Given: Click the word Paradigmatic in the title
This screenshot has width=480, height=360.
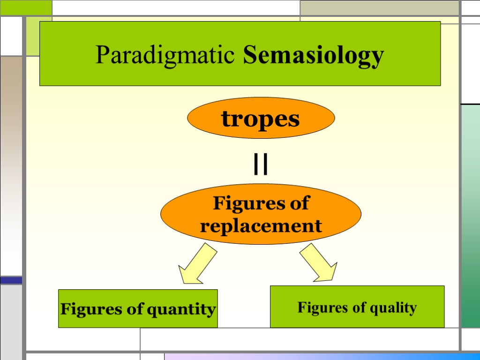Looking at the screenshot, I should coord(165,55).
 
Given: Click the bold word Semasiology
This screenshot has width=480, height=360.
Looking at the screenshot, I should coord(314,56).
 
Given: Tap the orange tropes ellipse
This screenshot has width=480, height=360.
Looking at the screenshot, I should coord(261,118).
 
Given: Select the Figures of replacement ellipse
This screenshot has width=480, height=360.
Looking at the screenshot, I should coord(261,214).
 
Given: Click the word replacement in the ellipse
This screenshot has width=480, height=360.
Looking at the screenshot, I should coord(261,226).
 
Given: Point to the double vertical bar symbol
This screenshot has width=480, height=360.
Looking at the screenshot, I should coord(261,165).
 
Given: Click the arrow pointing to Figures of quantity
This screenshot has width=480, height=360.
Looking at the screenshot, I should coord(196,265).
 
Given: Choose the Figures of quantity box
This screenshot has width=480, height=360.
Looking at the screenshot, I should coord(138,308).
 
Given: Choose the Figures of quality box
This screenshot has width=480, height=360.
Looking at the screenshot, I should coord(357,307).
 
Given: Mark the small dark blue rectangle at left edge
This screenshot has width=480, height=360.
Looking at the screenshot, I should coord(11,280).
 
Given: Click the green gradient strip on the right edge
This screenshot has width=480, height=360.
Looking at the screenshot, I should coord(471,216).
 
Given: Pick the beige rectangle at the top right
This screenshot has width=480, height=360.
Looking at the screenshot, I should coord(379,7).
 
